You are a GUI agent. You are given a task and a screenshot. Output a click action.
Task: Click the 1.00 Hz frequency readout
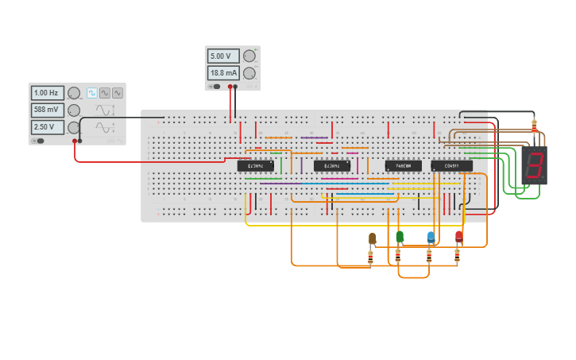[x=47, y=93]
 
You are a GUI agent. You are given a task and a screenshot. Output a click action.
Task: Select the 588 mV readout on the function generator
[x=47, y=110]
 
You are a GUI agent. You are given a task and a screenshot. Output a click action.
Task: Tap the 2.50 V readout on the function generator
[x=47, y=127]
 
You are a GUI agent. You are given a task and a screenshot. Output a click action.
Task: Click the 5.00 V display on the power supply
[x=222, y=56]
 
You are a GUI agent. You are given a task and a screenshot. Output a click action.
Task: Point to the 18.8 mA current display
[x=222, y=73]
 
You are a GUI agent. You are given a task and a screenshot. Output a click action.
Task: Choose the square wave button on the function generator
[x=92, y=93]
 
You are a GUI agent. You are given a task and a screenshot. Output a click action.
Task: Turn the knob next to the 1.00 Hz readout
[x=74, y=93]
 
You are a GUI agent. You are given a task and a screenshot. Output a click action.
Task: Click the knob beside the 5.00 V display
[x=249, y=56]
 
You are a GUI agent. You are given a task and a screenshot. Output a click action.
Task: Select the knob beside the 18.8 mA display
[x=249, y=73]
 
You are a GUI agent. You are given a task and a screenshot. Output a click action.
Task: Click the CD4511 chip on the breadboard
[x=451, y=166]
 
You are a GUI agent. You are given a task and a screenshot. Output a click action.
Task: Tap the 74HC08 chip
[x=403, y=166]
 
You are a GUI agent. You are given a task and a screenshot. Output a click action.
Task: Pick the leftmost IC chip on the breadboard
[x=255, y=166]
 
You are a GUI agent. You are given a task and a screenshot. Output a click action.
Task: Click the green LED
[x=400, y=236]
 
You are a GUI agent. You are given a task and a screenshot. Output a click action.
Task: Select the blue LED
[x=431, y=236]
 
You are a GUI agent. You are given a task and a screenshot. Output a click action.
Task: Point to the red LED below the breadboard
[x=458, y=236]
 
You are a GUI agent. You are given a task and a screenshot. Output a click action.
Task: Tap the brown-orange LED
[x=372, y=238]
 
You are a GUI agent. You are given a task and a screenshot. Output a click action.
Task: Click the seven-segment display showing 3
[x=535, y=165]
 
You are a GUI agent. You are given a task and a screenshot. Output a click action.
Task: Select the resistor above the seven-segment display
[x=534, y=125]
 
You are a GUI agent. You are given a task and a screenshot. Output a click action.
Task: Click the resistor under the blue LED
[x=429, y=257]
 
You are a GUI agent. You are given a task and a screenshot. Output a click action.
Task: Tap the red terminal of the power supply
[x=230, y=87]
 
